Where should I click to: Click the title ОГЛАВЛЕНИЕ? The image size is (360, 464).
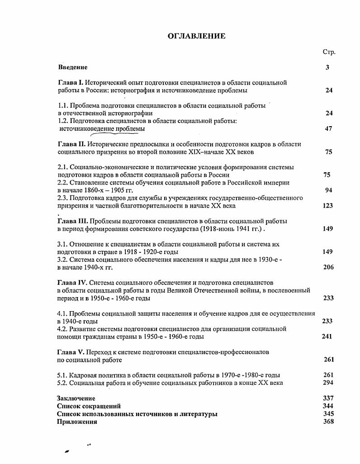[196, 36]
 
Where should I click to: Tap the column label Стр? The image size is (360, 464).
[329, 52]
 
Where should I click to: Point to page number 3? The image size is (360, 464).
[327, 67]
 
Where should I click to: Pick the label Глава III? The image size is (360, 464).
[73, 221]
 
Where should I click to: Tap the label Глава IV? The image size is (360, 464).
[72, 283]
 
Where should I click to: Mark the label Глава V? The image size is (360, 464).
[71, 352]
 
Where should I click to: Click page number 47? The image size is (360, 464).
[329, 129]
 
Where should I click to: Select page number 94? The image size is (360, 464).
[329, 190]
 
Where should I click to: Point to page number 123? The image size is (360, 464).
[328, 206]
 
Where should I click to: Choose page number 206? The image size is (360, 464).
[328, 267]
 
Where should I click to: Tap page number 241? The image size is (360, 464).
[327, 336]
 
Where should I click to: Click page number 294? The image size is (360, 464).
[328, 383]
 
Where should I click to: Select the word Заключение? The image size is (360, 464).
[76, 398]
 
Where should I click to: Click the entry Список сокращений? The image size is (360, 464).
[89, 406]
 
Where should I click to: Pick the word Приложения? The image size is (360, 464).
[77, 421]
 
